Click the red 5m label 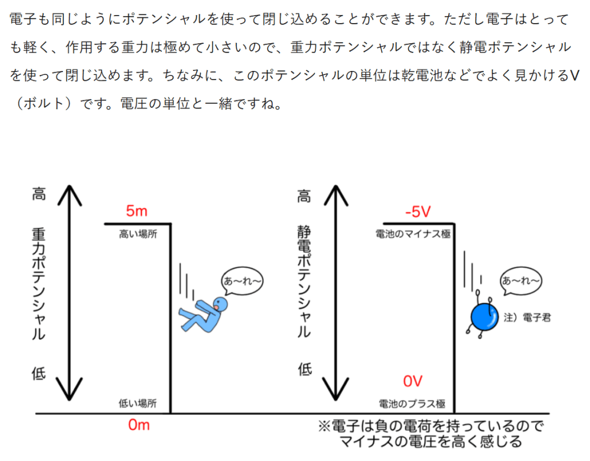[x=137, y=212]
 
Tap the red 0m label [x=138, y=426]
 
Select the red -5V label [x=418, y=212]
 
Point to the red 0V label [x=413, y=381]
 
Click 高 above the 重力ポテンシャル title [x=38, y=194]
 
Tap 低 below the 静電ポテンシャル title [x=304, y=369]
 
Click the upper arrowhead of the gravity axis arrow [x=69, y=190]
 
